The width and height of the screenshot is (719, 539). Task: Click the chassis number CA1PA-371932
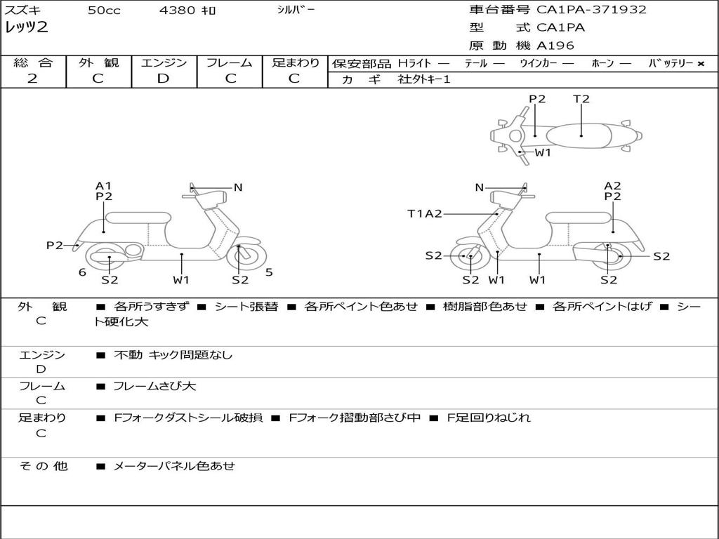pos(591,10)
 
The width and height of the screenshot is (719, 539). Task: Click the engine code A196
pos(555,46)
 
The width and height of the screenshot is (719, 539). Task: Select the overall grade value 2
pos(32,79)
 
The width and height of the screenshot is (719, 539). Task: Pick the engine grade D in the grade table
pos(163,79)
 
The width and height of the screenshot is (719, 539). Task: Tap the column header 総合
pos(32,62)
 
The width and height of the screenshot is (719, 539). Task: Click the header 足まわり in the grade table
pos(295,62)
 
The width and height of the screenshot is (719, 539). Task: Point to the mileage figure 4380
pos(178,11)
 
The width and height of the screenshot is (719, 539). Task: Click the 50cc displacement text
pos(104,11)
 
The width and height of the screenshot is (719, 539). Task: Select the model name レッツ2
pos(26,28)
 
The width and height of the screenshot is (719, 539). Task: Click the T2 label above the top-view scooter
pos(581,99)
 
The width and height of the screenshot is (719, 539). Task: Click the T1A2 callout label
pos(425,213)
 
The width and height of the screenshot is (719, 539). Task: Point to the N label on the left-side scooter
pos(238,187)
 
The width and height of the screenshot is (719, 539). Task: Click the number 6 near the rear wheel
pos(82,272)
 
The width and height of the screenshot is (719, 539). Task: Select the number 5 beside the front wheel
pos(269,272)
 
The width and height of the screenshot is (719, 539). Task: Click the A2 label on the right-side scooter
pos(612,186)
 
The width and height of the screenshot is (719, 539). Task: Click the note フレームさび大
pos(154,386)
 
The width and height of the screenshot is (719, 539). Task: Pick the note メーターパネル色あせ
pos(174,465)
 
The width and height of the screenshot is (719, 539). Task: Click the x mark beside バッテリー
pos(701,63)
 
